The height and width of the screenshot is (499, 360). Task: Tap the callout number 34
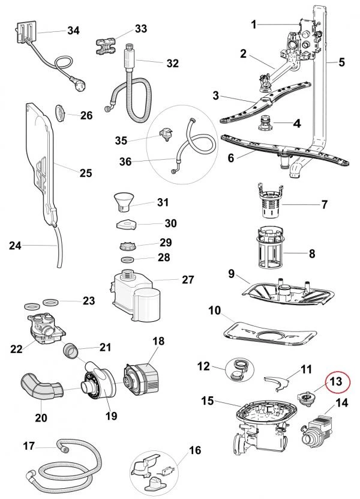point(73,30)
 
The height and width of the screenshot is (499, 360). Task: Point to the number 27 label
point(188,280)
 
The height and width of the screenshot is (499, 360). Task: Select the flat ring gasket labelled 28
point(127,259)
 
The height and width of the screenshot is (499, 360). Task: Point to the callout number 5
point(341,61)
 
